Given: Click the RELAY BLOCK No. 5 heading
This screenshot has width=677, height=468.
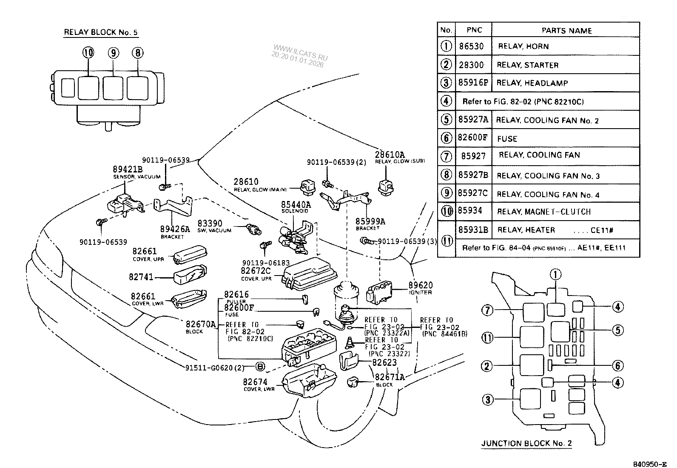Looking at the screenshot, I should pos(101,32).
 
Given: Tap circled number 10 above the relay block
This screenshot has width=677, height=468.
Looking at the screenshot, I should pos(88,53).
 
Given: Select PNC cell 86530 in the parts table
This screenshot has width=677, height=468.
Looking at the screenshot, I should pos(471,46).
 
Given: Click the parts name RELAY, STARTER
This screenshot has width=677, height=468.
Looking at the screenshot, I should pos(528,65).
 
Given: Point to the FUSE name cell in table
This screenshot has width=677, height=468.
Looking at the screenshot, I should pos(507,139).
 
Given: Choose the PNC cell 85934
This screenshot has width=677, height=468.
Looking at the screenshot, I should pos(471,212).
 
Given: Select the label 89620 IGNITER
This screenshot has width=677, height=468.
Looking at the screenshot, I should pos(421,288).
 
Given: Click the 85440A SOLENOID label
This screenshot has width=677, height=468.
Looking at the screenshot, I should pos(296,207).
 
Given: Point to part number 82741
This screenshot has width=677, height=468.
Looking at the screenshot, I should pos(141,277).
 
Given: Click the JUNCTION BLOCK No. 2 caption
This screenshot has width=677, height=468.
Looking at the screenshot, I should pos(526,443).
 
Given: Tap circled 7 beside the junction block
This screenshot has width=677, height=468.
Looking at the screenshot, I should pos(487,310).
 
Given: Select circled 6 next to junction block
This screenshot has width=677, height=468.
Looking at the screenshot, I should pos(617,365).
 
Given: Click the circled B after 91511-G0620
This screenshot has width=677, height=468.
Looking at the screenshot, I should pos(260,367).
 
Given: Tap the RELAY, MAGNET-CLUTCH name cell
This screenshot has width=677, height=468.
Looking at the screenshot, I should pos(544,212).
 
